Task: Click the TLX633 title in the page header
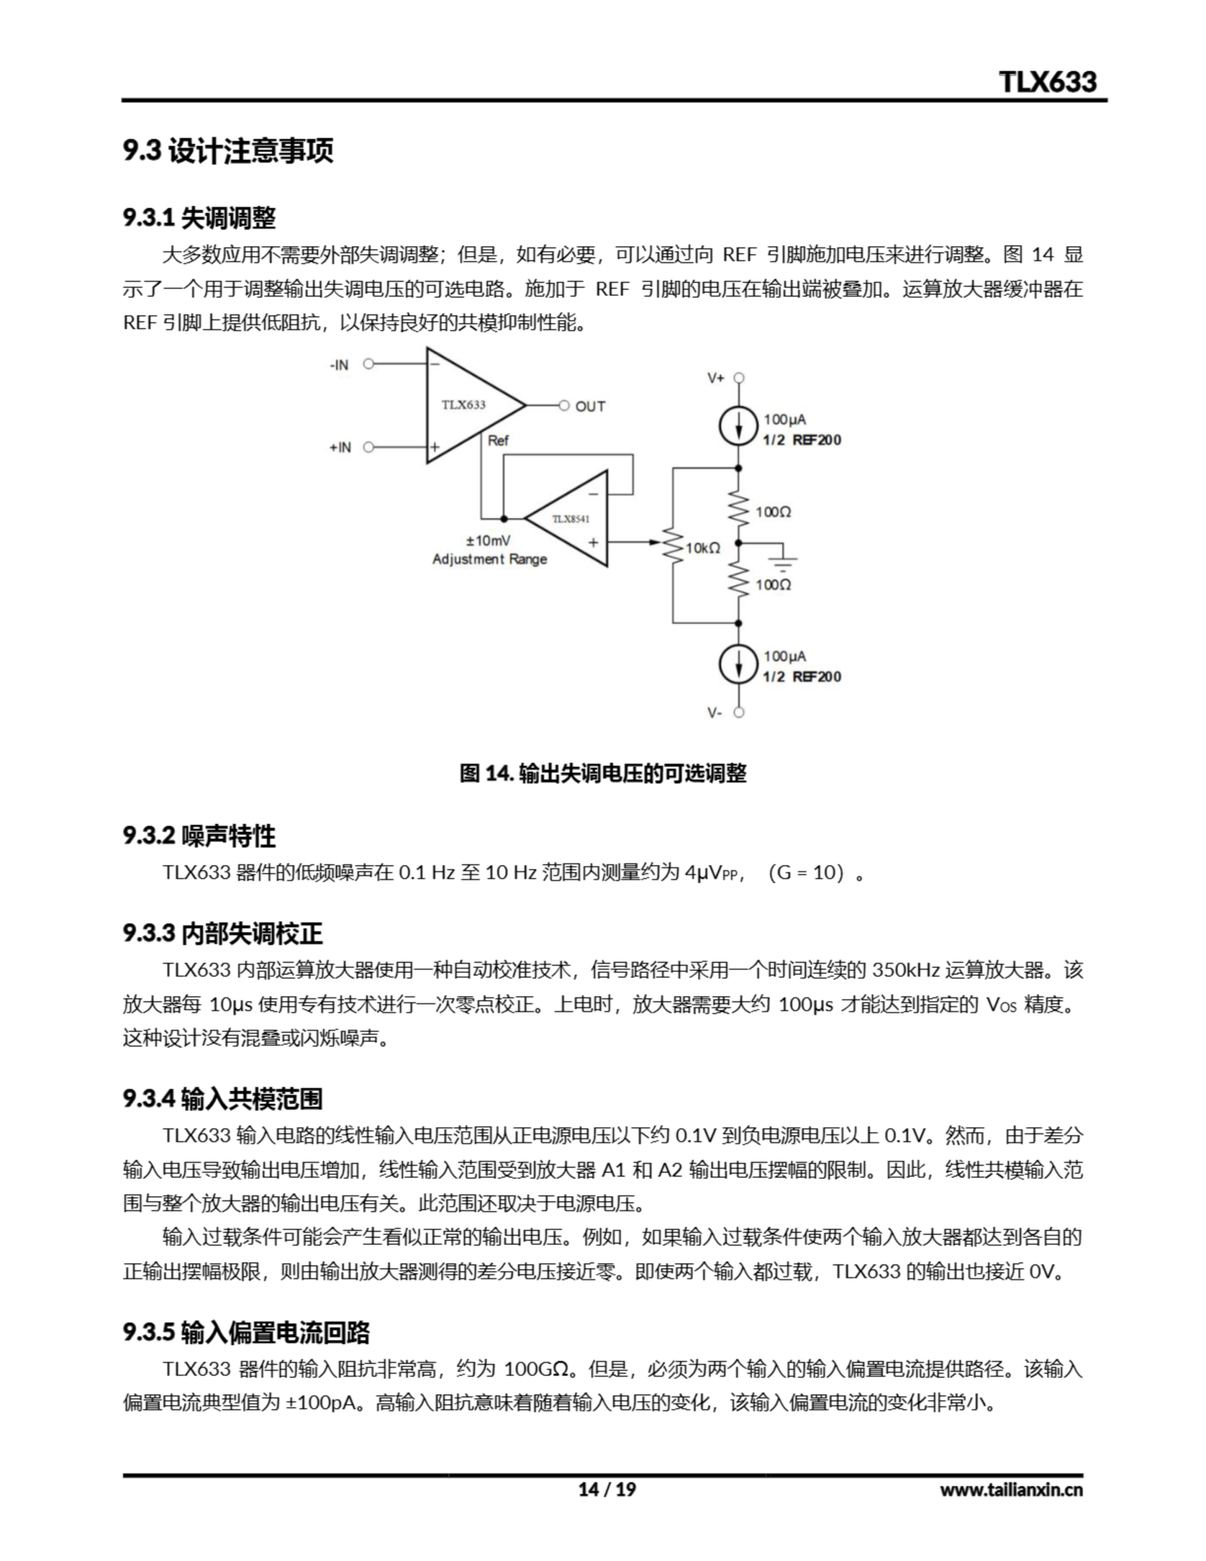[x=1047, y=82]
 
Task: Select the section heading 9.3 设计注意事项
[x=228, y=151]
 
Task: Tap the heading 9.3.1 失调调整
[x=199, y=218]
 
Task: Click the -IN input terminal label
[x=339, y=365]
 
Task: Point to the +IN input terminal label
[x=340, y=448]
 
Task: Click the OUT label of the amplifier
[x=590, y=407]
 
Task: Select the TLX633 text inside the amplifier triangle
[x=463, y=405]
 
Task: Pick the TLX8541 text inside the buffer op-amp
[x=571, y=519]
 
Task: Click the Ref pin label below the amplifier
[x=498, y=441]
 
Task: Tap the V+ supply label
[x=716, y=378]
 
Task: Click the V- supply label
[x=715, y=713]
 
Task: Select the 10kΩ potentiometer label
[x=703, y=548]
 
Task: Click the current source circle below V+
[x=738, y=427]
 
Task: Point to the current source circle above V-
[x=738, y=664]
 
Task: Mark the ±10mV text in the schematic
[x=488, y=540]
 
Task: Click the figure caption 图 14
[x=602, y=773]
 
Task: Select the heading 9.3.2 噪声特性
[x=199, y=835]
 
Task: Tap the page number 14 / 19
[x=607, y=1489]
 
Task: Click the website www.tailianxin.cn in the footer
[x=1011, y=1490]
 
